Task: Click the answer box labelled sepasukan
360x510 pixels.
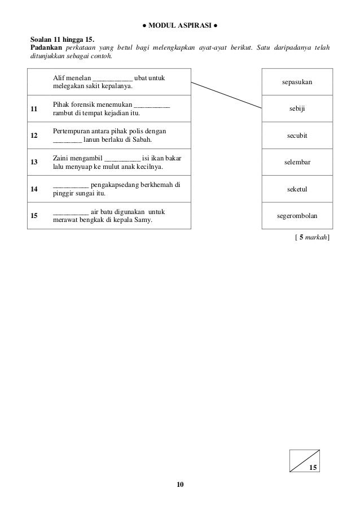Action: [x=297, y=82]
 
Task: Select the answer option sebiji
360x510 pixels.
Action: [x=297, y=109]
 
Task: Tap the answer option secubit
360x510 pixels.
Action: [x=297, y=136]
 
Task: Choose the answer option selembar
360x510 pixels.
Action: [x=297, y=163]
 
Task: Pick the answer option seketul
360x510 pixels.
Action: [x=297, y=189]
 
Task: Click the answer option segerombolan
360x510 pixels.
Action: [x=297, y=216]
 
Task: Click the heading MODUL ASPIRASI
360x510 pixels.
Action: [x=179, y=26]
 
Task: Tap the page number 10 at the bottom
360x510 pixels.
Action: [x=179, y=485]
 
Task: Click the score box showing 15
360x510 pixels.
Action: [x=305, y=460]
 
